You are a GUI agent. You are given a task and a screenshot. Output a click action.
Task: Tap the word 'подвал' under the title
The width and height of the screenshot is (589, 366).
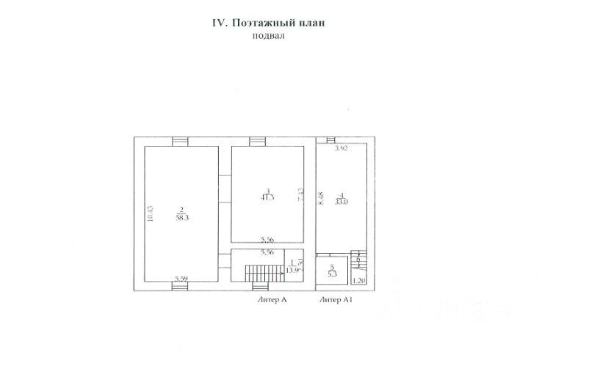click(267, 35)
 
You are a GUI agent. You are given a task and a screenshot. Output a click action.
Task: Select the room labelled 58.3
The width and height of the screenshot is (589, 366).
click(180, 213)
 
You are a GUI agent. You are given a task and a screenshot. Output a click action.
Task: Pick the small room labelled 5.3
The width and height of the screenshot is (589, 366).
click(331, 271)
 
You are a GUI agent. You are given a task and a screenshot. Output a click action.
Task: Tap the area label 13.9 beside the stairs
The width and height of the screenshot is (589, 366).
click(292, 268)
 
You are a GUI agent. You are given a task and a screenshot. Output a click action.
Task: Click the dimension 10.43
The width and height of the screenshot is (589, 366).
click(150, 213)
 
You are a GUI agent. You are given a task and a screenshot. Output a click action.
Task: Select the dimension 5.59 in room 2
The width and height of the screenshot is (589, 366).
click(181, 277)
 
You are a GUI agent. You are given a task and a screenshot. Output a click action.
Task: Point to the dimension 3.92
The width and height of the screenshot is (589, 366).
click(341, 148)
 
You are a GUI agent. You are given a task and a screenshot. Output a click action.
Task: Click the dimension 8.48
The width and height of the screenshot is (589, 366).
click(322, 199)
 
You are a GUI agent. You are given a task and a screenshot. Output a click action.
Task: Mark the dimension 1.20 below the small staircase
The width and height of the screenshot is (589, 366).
click(358, 280)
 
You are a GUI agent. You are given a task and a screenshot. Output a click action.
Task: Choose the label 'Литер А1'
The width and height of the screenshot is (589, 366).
click(337, 300)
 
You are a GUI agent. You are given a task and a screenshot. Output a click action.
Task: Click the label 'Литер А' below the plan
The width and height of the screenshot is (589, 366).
click(272, 300)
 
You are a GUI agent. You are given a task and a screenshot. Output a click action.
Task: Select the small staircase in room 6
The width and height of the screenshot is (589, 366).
click(358, 261)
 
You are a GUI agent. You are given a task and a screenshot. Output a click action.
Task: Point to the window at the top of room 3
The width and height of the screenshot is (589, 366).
click(256, 142)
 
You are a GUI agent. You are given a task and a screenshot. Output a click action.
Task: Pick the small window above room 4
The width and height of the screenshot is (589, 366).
click(331, 139)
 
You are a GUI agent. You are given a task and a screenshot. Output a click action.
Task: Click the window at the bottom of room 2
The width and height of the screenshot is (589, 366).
click(181, 286)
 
